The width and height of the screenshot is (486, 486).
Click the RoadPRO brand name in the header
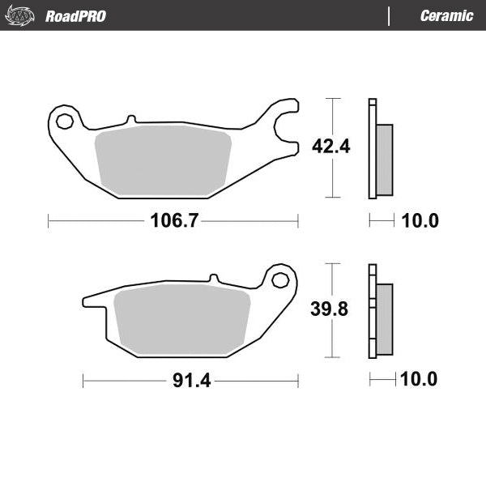[x=75, y=16]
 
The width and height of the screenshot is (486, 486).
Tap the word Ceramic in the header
[x=446, y=16]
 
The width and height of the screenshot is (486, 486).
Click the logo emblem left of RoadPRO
[x=21, y=15]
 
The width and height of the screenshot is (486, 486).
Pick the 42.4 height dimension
[x=330, y=147]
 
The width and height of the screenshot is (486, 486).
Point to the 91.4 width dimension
[x=192, y=381]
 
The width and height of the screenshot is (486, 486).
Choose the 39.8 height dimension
[x=330, y=309]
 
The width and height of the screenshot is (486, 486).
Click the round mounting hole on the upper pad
[x=64, y=122]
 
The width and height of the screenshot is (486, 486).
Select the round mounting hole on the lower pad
[x=280, y=280]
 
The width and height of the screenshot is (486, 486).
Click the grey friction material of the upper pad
[x=162, y=160]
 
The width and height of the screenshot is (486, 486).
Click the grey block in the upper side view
[x=385, y=160]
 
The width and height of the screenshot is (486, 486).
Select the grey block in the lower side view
[x=385, y=319]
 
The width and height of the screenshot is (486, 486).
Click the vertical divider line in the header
[x=390, y=16]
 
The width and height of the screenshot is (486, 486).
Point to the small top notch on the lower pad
[x=213, y=279]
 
